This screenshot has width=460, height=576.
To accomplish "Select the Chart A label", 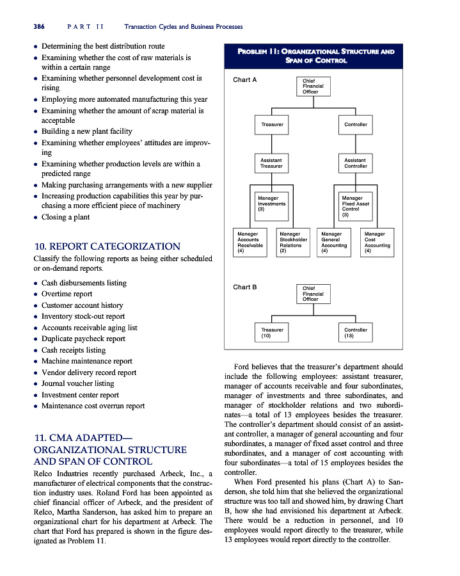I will (x=244, y=80).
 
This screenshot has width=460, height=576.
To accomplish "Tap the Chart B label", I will (x=244, y=287).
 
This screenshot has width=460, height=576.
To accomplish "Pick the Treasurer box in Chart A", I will (x=271, y=124).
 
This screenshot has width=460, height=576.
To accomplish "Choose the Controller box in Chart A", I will (x=355, y=124).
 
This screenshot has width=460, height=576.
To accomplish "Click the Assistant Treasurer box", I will (x=271, y=163).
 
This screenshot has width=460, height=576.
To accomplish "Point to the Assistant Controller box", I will (x=355, y=163).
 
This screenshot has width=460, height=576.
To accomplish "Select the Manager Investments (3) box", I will (x=271, y=204).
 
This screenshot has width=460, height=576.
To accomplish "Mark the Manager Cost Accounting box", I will (x=377, y=243).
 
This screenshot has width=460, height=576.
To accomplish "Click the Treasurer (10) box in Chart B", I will (x=271, y=332).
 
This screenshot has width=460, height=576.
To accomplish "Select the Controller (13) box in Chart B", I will (x=355, y=332).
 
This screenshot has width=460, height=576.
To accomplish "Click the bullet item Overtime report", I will (x=67, y=294).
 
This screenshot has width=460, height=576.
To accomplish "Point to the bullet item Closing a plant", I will (x=66, y=217).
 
